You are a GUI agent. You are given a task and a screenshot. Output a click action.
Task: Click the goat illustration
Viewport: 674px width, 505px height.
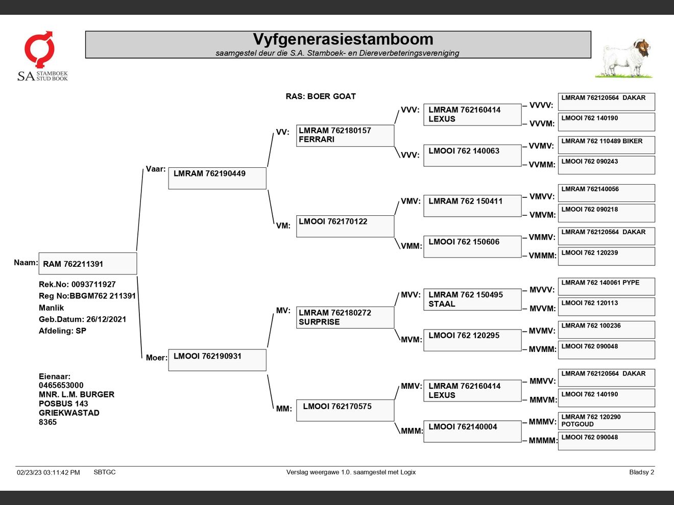click(624, 58)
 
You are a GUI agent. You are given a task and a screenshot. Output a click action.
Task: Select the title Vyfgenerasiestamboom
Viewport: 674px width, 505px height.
click(343, 39)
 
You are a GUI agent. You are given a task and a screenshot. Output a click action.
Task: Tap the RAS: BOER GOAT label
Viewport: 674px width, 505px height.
click(321, 96)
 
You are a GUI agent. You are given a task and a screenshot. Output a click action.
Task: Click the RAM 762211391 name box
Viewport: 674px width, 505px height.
click(87, 264)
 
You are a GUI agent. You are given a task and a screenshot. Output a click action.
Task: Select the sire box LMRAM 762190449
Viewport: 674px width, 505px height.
click(217, 178)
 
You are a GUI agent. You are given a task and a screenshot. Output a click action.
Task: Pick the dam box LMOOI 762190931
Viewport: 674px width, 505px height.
click(217, 360)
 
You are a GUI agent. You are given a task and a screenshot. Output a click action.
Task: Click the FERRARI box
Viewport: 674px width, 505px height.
click(345, 135)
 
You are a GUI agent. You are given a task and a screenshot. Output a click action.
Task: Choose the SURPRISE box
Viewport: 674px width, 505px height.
click(345, 317)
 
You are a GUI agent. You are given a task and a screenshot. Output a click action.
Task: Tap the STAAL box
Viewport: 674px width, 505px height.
click(472, 299)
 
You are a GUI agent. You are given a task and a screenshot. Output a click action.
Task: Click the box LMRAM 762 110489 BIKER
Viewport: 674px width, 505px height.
click(606, 145)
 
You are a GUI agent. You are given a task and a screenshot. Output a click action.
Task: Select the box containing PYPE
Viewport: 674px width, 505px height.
click(606, 286)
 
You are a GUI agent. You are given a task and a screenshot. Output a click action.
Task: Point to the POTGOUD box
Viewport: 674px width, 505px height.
click(606, 421)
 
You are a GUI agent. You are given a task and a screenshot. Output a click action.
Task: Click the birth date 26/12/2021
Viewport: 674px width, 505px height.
click(106, 319)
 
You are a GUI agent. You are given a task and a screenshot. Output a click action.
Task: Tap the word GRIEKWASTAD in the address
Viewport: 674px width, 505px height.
click(69, 413)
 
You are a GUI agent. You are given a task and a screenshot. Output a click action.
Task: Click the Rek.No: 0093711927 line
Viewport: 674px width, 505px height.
click(77, 285)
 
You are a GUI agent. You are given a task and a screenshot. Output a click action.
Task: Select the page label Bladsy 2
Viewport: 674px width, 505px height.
click(641, 472)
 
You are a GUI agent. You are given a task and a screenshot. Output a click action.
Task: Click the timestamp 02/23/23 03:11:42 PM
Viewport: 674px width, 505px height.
click(49, 472)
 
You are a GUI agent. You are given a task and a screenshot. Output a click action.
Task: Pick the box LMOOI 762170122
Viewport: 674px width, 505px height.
click(345, 226)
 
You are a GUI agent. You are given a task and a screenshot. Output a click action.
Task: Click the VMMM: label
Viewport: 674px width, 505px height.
click(542, 256)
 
